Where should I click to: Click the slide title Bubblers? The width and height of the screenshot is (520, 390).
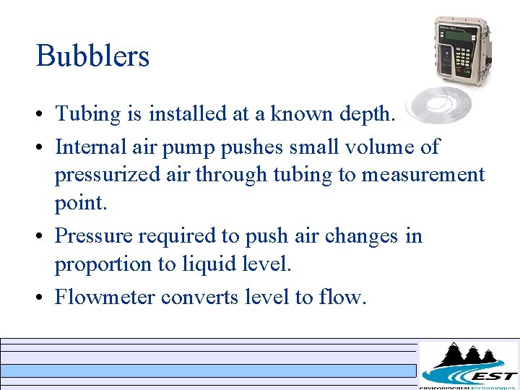tap(92, 56)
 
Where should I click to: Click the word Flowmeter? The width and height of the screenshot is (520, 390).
tap(105, 297)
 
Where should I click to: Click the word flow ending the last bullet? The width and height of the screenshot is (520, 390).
tap(342, 297)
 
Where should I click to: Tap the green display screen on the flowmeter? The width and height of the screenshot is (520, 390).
tap(461, 36)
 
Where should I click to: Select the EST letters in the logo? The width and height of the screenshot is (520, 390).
tap(493, 376)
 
